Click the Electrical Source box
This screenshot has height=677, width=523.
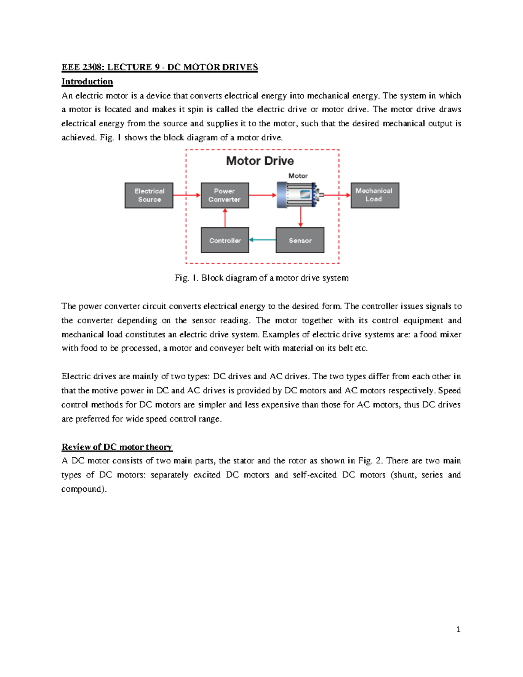point(149,195)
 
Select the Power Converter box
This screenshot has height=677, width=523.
point(224,195)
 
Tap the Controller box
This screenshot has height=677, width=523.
point(224,240)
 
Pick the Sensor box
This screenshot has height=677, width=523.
point(300,240)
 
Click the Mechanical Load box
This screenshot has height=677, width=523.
point(374,195)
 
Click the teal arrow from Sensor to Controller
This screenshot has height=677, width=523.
point(262,240)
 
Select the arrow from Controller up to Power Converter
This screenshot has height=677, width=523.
point(225,218)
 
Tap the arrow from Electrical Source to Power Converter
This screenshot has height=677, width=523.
point(187,195)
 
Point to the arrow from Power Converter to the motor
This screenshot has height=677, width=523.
point(262,195)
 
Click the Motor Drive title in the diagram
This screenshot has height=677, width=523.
point(260,161)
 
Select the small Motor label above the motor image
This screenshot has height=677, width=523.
point(298,176)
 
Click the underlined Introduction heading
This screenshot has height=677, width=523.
point(87,82)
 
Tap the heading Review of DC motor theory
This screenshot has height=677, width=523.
point(117,447)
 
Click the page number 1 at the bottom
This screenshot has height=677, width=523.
point(458,629)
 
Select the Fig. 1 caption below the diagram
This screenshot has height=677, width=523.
point(261,278)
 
